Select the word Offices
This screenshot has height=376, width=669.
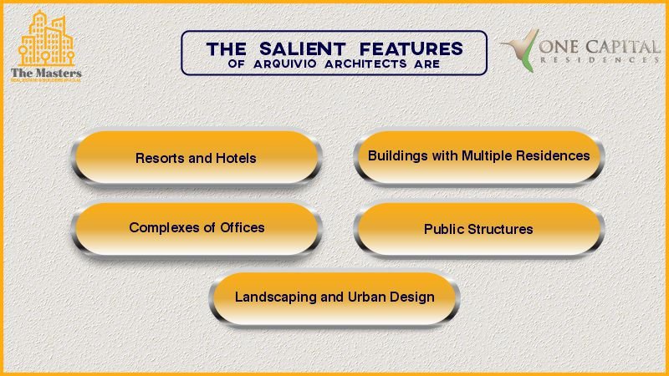(x=242, y=227)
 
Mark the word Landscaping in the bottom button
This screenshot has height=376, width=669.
(x=275, y=297)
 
